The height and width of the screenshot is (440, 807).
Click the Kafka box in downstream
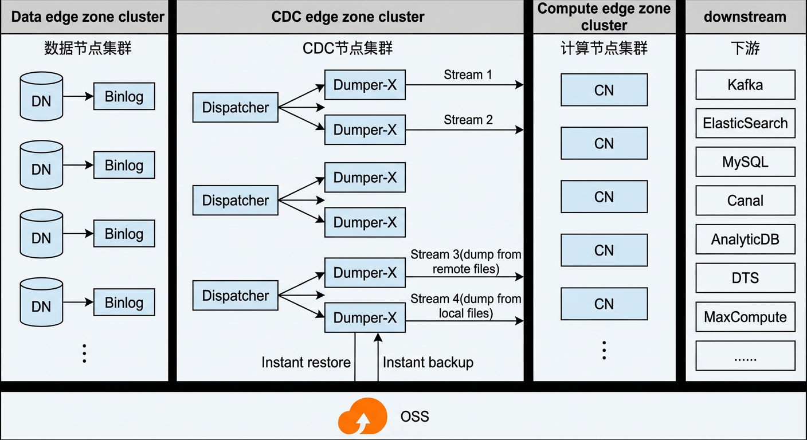[x=745, y=85]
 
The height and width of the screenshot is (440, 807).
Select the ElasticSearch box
[x=745, y=123]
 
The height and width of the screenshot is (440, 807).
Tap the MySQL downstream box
[x=745, y=162]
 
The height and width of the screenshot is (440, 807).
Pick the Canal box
[x=745, y=201]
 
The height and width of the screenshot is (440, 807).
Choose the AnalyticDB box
[x=745, y=239]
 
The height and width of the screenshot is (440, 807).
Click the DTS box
[x=745, y=278]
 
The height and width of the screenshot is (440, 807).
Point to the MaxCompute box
[x=745, y=317]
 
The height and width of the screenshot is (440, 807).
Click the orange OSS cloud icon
[x=362, y=417]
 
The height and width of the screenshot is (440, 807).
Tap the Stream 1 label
[x=468, y=75]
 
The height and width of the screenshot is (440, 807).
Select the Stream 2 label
[x=468, y=120]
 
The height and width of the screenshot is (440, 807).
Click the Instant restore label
[x=306, y=362]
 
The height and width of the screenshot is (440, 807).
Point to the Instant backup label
[x=428, y=363]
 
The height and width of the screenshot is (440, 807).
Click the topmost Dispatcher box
[x=235, y=107]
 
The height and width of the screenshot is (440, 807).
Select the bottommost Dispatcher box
[x=235, y=296]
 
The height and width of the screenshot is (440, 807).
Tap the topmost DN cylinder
[x=41, y=96]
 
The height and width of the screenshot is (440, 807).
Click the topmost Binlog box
[x=124, y=96]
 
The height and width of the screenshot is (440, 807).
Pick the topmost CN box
[x=604, y=90]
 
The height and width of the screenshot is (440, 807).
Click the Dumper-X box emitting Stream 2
[x=365, y=129]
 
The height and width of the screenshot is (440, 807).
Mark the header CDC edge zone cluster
[x=348, y=17]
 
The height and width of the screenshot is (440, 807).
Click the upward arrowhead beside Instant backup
[x=378, y=337]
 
